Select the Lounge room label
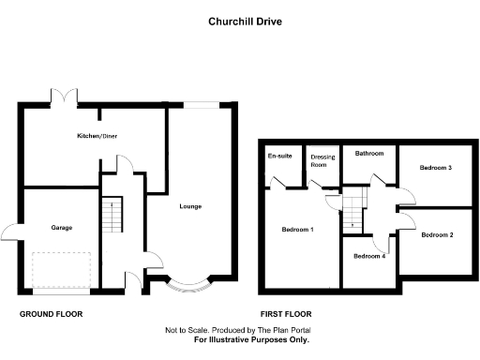tap(190, 206)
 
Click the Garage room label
tap(61, 227)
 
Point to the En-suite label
tap(278, 156)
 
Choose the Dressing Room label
tap(322, 160)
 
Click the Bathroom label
tap(368, 152)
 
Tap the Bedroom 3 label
tap(436, 168)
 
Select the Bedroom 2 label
tap(437, 234)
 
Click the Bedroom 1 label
tap(298, 230)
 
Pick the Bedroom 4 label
tap(368, 256)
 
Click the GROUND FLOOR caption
tap(48, 313)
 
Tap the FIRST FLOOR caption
tap(286, 313)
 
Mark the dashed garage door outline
tap(61, 271)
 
